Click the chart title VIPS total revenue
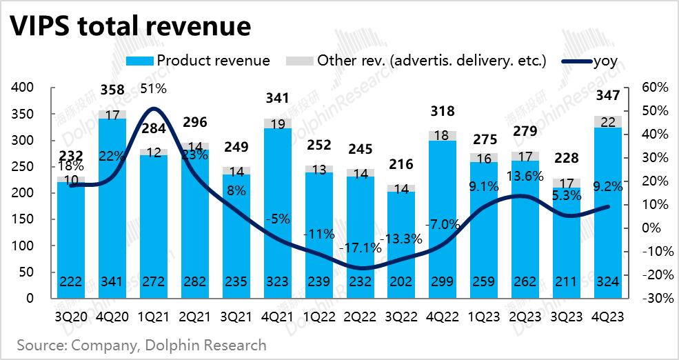[x=129, y=26]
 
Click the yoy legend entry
[x=605, y=61]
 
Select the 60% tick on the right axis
[x=654, y=88]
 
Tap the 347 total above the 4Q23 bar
[x=608, y=94]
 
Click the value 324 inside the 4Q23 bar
[x=608, y=282]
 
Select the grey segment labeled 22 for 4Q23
[x=608, y=121]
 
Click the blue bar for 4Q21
[x=277, y=207]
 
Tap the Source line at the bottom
[x=141, y=344]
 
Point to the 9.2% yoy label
[x=608, y=185]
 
